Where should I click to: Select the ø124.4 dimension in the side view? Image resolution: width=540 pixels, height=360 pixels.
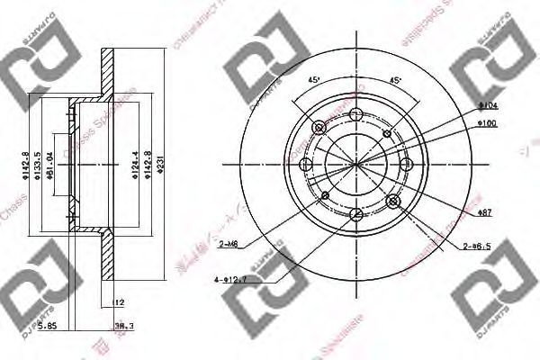click(135, 166)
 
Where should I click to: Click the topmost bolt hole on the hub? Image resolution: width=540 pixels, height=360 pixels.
click(356, 114)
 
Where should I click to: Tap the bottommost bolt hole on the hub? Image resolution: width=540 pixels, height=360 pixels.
click(356, 213)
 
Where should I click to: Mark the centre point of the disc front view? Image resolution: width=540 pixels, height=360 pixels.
click(356, 164)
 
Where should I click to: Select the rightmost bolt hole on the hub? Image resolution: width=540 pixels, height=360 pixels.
click(406, 164)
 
